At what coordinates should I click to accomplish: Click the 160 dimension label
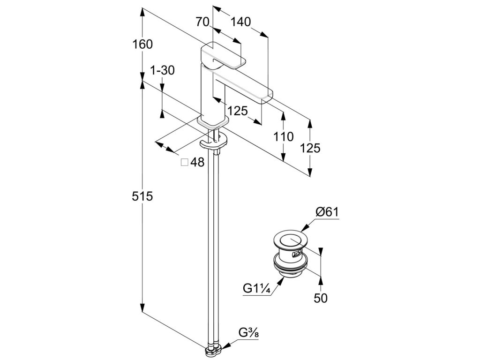[x=143, y=45]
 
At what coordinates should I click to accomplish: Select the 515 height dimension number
[x=143, y=196]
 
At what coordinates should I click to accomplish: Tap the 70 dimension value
[x=203, y=22]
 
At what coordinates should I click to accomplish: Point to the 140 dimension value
[x=240, y=22]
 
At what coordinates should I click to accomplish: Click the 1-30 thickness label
[x=162, y=71]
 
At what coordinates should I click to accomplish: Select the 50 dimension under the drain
[x=320, y=298]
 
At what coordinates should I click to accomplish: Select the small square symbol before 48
[x=184, y=162]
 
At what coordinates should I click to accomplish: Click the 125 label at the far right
[x=310, y=148]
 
